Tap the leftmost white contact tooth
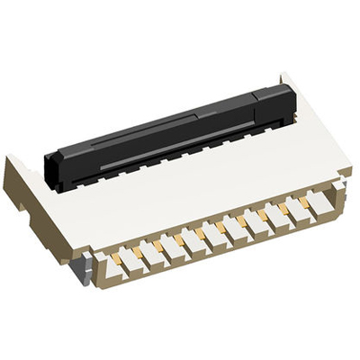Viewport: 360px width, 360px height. [x=107, y=262]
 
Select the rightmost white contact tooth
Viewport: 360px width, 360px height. [x=319, y=205]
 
